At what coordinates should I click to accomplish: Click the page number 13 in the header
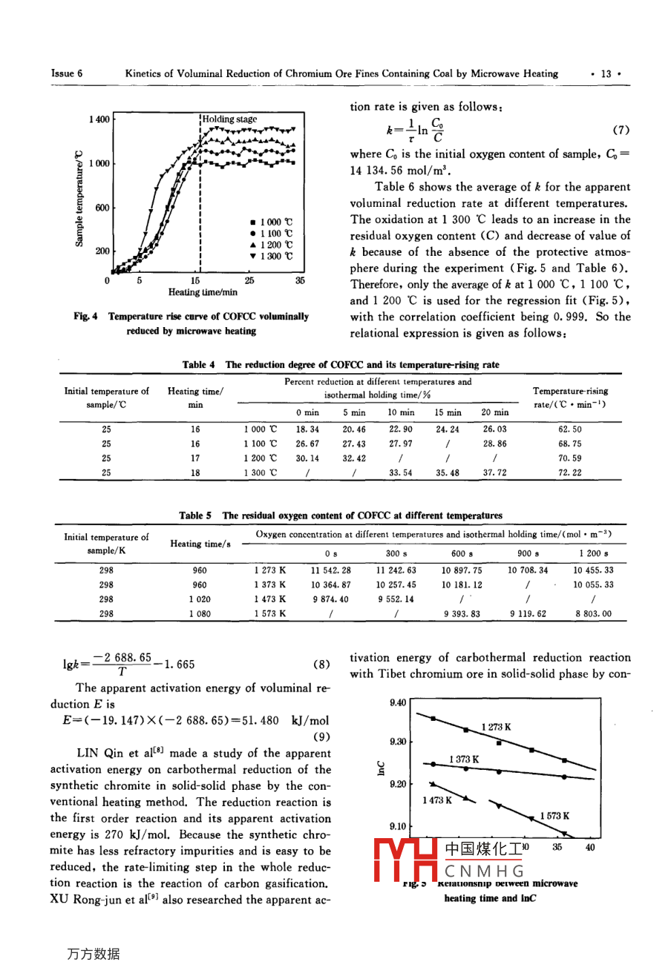(606, 73)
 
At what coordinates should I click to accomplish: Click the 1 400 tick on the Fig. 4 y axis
(99, 119)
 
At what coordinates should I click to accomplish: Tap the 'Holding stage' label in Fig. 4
(230, 119)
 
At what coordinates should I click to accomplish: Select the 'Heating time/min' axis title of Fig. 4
(203, 292)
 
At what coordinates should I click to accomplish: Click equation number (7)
(621, 130)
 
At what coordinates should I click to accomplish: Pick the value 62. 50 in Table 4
(570, 429)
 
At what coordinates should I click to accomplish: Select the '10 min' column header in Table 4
(401, 412)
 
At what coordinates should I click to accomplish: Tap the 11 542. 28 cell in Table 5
(330, 570)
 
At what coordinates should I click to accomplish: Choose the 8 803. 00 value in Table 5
(592, 613)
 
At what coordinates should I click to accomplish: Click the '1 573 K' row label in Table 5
(270, 613)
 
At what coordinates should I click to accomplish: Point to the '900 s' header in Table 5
(528, 553)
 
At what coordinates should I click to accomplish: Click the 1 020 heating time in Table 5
(199, 599)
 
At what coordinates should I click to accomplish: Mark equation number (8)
(321, 665)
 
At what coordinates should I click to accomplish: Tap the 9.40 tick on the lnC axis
(398, 702)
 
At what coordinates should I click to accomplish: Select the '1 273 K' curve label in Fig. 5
(496, 727)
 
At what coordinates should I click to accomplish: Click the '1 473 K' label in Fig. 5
(437, 800)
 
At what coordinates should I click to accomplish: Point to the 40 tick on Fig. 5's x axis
(590, 847)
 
